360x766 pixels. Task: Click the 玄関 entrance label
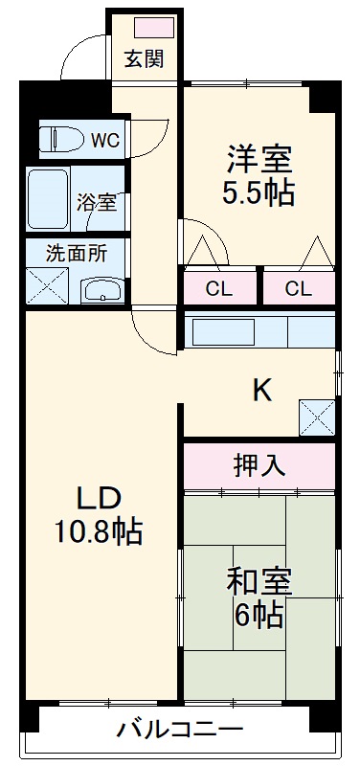pyautogui.click(x=145, y=59)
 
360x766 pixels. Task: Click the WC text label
pyautogui.click(x=104, y=141)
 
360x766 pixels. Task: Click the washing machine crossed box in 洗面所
pyautogui.click(x=44, y=283)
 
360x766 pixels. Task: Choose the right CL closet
pyautogui.click(x=299, y=288)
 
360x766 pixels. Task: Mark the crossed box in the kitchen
pyautogui.click(x=317, y=417)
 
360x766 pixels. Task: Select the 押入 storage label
pyautogui.click(x=259, y=465)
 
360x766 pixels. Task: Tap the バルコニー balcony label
pyautogui.click(x=180, y=731)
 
